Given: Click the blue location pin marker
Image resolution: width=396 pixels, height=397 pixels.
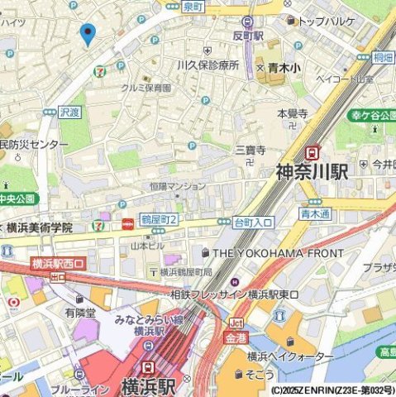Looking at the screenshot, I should point(87,35).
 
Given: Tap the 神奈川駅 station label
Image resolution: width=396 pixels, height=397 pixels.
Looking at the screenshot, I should point(312,172).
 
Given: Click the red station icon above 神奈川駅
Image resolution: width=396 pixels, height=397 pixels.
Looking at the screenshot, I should point(313,151).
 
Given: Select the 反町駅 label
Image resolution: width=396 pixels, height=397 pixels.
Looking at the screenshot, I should point(247,36).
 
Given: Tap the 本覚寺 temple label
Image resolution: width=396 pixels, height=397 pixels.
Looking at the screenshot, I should point(292,113).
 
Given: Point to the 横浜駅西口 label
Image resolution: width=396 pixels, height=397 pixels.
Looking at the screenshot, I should point(58,264).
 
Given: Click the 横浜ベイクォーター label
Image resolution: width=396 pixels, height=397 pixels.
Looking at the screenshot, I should point(286,356).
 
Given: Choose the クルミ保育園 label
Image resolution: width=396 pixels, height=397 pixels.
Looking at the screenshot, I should point(146,87).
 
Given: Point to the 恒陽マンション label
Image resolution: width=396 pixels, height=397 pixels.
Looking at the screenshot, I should point(178,186).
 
